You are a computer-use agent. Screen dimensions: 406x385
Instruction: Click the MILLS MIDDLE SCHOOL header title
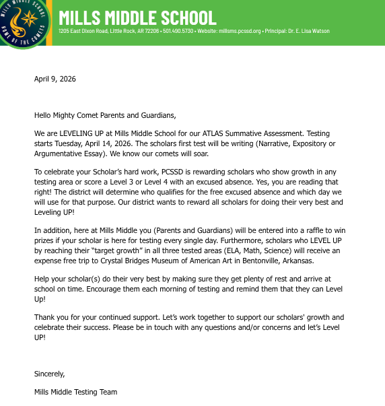pyautogui.click(x=137, y=17)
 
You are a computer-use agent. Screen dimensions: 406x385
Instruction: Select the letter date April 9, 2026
pyautogui.click(x=55, y=79)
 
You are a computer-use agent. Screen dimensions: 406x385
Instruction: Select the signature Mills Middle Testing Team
pyautogui.click(x=75, y=392)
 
